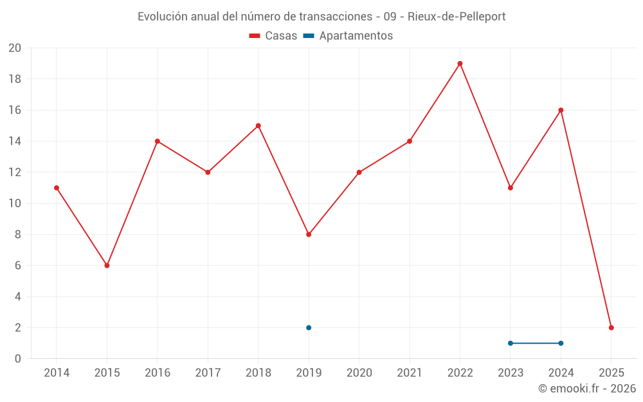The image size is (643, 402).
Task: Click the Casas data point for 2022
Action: click(x=460, y=64)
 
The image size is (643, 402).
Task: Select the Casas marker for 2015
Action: click(x=107, y=266)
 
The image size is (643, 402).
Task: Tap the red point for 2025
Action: click(x=611, y=327)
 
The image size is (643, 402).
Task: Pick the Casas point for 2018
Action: click(x=258, y=126)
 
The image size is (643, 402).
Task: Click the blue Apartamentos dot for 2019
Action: click(x=309, y=327)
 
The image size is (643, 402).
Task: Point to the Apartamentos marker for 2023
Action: click(x=511, y=343)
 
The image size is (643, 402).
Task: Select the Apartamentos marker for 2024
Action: click(x=561, y=343)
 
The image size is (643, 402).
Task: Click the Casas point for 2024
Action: click(x=561, y=110)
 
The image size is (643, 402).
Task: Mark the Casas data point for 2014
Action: click(x=57, y=188)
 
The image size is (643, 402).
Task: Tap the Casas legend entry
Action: click(x=273, y=36)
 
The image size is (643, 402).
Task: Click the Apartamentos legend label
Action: click(x=356, y=36)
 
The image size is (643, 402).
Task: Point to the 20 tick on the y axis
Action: click(x=15, y=48)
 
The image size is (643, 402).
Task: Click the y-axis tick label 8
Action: click(x=18, y=235)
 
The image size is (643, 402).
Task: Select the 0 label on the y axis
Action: click(x=18, y=359)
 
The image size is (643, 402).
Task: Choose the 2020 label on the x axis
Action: click(x=359, y=373)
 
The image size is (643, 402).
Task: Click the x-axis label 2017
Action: click(x=208, y=373)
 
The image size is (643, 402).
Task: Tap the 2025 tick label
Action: click(x=611, y=373)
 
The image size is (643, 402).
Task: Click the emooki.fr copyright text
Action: click(x=586, y=388)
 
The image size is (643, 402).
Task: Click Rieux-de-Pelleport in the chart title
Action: click(x=457, y=17)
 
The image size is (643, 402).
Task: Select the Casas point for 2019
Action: click(x=309, y=234)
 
